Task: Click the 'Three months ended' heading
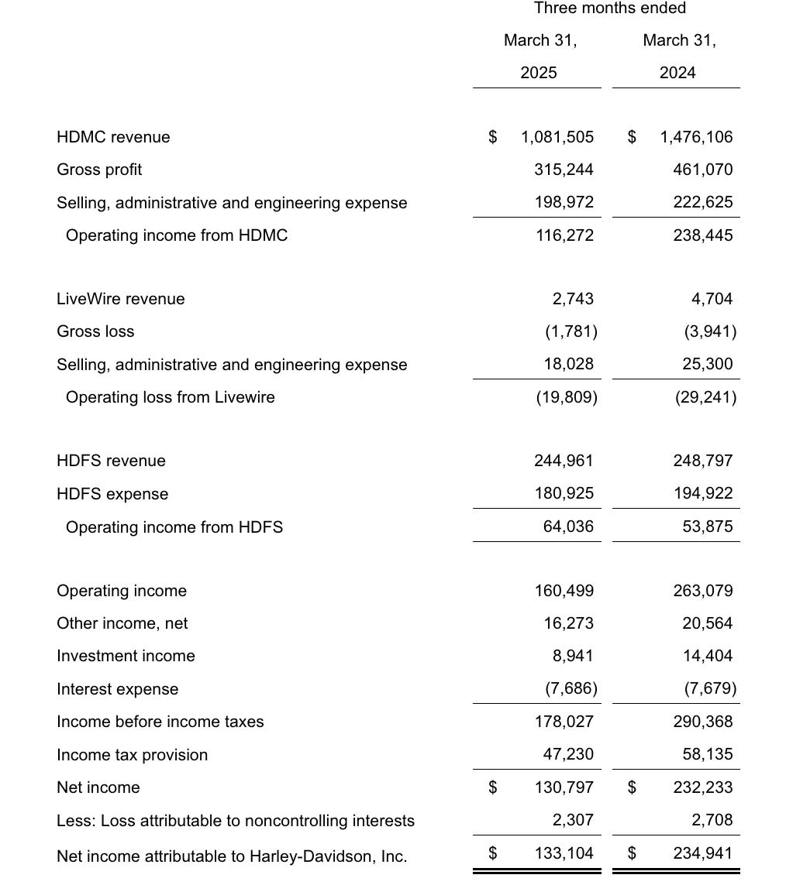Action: [x=610, y=9]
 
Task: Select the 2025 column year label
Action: [x=539, y=73]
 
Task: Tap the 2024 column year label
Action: [x=677, y=73]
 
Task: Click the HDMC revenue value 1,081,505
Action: [x=557, y=137]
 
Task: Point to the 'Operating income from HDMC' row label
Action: [x=177, y=235]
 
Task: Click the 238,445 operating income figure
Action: [x=702, y=235]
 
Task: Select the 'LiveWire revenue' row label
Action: [x=121, y=299]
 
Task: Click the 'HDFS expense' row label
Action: [x=112, y=494]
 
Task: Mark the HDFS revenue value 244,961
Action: [x=564, y=461]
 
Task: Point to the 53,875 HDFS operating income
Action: [x=708, y=527]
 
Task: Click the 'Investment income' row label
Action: [x=126, y=656]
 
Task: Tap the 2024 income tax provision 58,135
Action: [x=708, y=754]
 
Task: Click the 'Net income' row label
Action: [x=98, y=787]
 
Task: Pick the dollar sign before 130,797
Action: [x=492, y=787]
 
